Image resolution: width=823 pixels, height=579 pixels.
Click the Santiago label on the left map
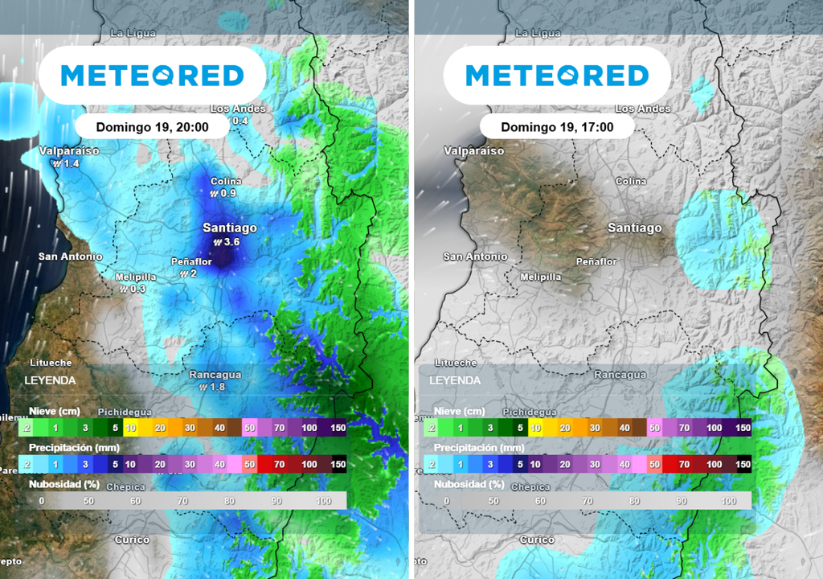230,228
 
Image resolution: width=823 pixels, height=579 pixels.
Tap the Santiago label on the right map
635,228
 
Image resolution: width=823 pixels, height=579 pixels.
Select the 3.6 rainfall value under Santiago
232,241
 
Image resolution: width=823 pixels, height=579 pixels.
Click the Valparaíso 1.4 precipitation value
71,163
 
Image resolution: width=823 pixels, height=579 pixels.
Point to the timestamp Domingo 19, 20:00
152,127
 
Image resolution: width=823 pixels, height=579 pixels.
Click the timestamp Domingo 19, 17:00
557,127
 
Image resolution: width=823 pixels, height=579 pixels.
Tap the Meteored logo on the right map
557,76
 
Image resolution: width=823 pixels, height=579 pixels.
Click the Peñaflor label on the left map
191,261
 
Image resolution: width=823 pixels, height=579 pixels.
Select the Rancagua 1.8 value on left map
216,387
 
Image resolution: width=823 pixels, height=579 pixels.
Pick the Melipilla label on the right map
540,277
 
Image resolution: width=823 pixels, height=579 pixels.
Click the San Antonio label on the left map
70,257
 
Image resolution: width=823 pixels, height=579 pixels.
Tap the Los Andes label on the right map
642,109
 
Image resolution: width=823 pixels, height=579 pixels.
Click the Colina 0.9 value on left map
227,193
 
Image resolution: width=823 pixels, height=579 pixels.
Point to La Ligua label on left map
133,34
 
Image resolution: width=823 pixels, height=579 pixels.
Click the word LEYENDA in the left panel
50,380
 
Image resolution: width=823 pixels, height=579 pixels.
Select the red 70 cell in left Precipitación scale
280,465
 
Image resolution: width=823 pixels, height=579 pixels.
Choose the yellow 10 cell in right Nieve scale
534,429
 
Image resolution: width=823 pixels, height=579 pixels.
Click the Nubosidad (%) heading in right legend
469,484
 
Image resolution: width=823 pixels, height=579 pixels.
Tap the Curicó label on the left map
133,540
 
